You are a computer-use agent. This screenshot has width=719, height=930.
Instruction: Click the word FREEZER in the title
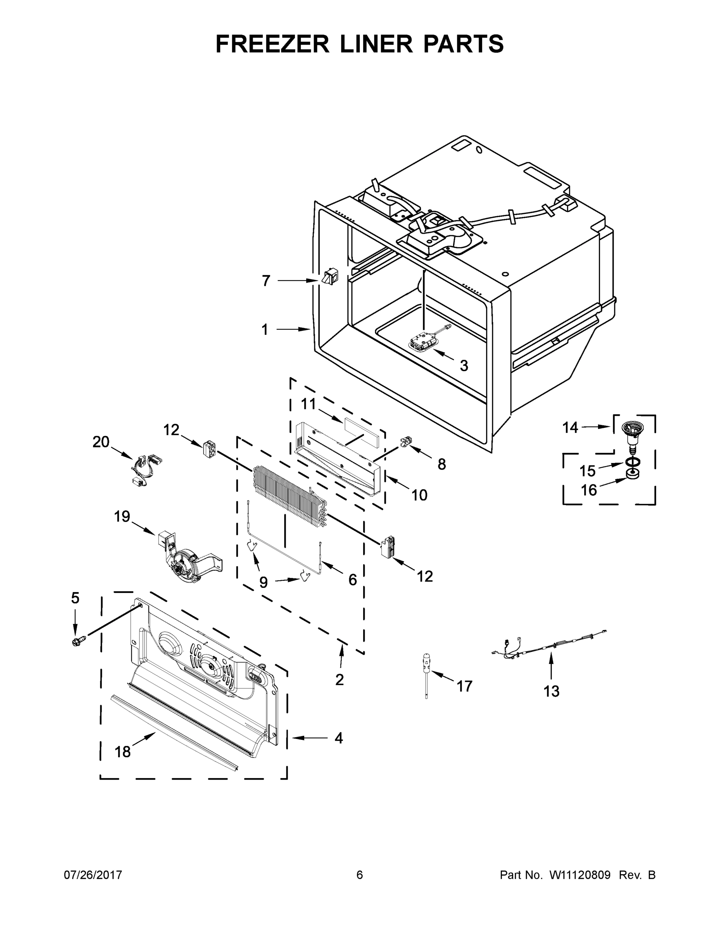click(272, 44)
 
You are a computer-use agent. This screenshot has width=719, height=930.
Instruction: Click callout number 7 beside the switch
click(266, 281)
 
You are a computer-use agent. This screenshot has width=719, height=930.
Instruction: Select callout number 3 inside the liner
click(464, 365)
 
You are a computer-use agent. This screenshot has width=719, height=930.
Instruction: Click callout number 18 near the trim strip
click(122, 752)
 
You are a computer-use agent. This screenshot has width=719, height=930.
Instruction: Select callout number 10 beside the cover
click(419, 495)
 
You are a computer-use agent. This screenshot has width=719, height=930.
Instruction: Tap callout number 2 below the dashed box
click(340, 680)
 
